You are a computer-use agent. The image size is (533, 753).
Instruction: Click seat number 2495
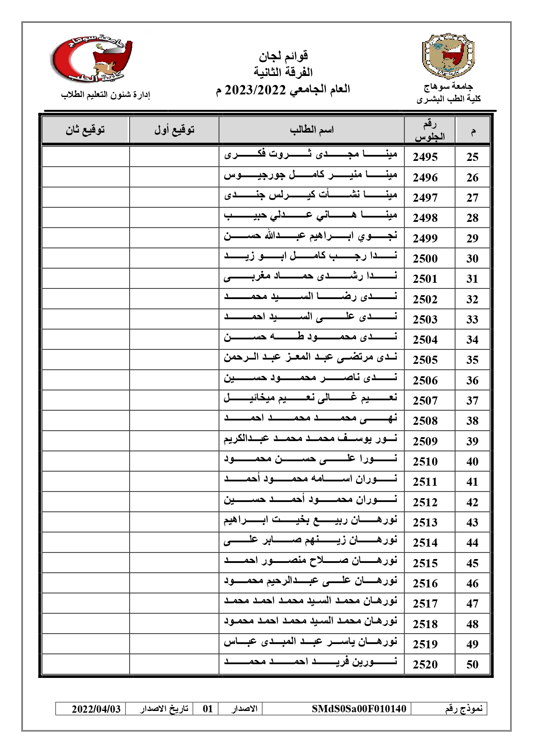(x=425, y=157)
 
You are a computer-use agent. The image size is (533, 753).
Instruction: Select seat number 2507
(x=425, y=401)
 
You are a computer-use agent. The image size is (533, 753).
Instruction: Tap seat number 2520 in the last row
(x=425, y=665)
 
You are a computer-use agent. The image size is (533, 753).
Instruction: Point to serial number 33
(x=472, y=320)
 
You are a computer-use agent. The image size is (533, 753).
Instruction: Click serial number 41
(x=472, y=482)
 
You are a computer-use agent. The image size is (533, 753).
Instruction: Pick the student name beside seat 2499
(x=311, y=236)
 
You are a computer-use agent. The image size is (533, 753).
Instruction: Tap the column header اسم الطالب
(x=311, y=130)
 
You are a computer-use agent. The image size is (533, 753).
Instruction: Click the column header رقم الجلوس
(x=429, y=130)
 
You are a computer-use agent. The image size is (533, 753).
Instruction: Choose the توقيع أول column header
(x=174, y=130)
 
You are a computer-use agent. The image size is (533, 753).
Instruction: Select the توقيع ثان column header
(x=85, y=130)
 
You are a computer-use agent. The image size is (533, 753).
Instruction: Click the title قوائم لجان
(x=283, y=56)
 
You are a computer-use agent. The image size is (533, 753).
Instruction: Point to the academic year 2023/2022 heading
(x=283, y=90)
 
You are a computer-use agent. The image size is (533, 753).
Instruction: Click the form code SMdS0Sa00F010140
(x=359, y=708)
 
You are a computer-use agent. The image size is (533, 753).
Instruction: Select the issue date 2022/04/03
(x=96, y=708)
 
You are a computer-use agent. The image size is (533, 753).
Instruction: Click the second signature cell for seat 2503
(x=85, y=319)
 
